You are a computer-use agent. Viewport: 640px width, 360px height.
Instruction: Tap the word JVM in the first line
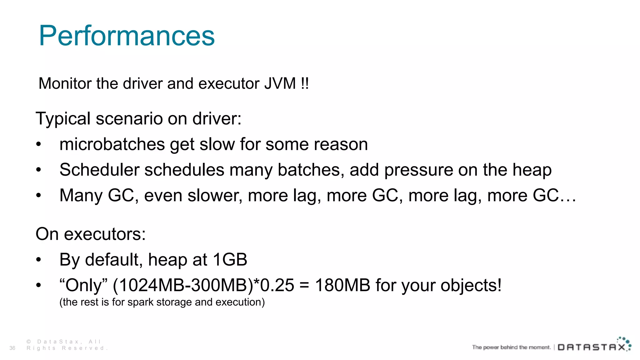280,83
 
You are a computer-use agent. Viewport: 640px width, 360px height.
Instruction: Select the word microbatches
112,144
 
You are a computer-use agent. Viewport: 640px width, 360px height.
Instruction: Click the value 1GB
230,260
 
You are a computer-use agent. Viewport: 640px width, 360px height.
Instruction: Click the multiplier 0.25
277,285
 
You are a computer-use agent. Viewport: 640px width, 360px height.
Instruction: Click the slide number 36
12,348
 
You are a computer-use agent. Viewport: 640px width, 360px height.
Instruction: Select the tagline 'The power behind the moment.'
511,347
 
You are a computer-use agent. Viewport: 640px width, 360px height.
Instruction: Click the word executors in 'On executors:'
105,234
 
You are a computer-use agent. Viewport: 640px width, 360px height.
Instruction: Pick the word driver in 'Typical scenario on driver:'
217,119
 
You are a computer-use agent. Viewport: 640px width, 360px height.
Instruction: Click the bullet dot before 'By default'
38,260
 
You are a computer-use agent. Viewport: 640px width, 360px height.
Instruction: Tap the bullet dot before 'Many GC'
38,196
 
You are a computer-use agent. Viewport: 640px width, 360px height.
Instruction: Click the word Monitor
65,83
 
